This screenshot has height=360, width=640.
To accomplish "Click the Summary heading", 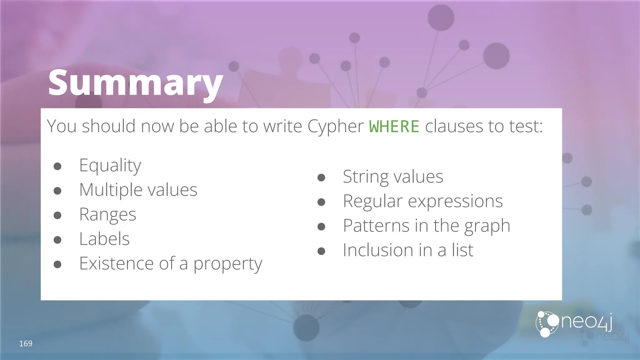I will [x=135, y=83].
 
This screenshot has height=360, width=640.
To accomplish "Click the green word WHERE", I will [x=394, y=126].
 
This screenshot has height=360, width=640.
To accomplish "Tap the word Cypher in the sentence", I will [x=335, y=126].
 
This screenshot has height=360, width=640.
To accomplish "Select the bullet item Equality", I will [x=110, y=165].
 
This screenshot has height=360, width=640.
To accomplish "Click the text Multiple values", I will [x=138, y=190].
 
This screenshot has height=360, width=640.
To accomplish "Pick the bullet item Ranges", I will [x=107, y=214].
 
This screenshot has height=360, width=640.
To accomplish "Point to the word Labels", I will [x=104, y=239].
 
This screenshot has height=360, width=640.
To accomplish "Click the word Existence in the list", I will [x=116, y=263].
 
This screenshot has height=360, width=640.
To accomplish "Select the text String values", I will [x=393, y=177].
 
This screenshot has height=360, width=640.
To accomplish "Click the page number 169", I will [x=26, y=344].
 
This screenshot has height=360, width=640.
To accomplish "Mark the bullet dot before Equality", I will [x=57, y=166].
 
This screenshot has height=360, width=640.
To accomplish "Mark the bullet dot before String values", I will [x=321, y=178].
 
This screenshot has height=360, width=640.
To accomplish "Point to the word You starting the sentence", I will [x=62, y=126].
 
